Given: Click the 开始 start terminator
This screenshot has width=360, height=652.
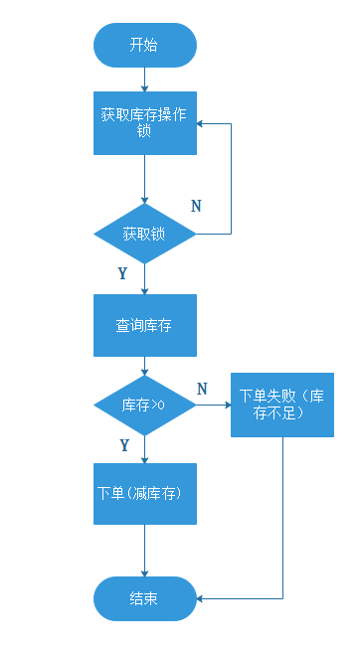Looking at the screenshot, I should pos(144,46).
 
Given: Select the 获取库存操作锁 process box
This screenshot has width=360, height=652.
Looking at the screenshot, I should pos(144,123).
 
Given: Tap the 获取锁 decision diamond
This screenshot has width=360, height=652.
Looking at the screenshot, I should pos(144,235).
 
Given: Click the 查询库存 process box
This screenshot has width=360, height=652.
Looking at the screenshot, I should pos(144,325).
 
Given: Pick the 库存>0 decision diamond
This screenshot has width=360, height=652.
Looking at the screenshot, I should pos(144,406).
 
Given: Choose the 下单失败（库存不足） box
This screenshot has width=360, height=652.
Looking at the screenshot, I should pos(282,405).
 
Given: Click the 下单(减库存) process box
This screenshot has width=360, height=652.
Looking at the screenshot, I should pos(144,494).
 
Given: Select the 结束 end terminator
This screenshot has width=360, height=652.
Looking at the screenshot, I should pos(144,599).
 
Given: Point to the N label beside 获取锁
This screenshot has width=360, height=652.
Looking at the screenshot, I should pos(196,206).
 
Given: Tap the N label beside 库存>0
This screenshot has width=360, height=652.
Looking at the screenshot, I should pos(202,389).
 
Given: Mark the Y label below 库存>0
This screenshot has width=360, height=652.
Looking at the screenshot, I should pos(124,445).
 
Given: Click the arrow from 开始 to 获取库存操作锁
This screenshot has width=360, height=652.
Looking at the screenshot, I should pos(144,80).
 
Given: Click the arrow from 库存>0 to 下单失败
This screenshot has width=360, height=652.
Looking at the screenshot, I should pos(214,406).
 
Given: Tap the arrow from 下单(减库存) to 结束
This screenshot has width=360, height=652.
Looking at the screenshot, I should pos(144,551).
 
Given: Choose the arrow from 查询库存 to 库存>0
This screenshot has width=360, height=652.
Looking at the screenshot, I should pos(144,365).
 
